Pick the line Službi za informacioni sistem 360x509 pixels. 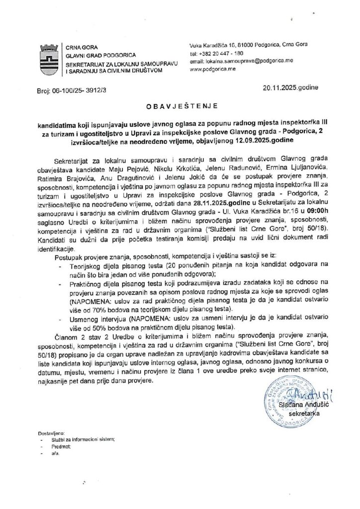coord(83,440)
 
